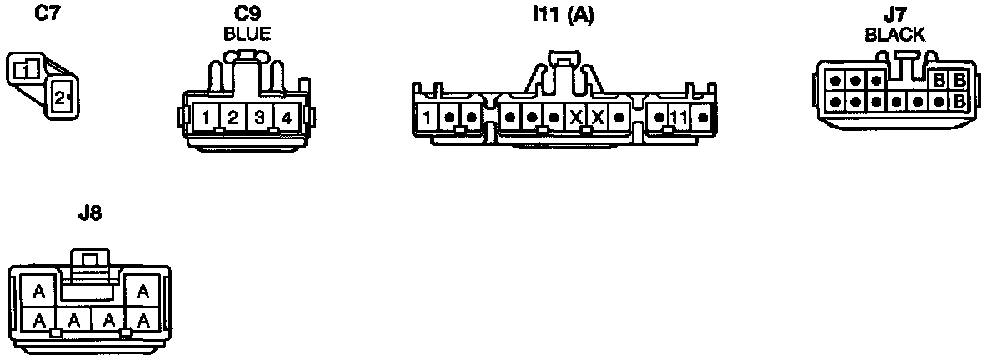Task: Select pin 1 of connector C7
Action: (28, 69)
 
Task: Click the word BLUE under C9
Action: (248, 34)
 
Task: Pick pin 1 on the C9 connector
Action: (206, 117)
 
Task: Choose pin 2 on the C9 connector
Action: (233, 117)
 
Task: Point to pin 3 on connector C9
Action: (259, 117)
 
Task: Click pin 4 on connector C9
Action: (286, 117)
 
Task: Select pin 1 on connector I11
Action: (427, 117)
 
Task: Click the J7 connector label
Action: (894, 14)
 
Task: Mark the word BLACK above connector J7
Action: (894, 34)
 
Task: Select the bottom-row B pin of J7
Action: (959, 101)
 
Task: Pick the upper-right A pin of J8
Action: (143, 292)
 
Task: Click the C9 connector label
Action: (248, 14)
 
